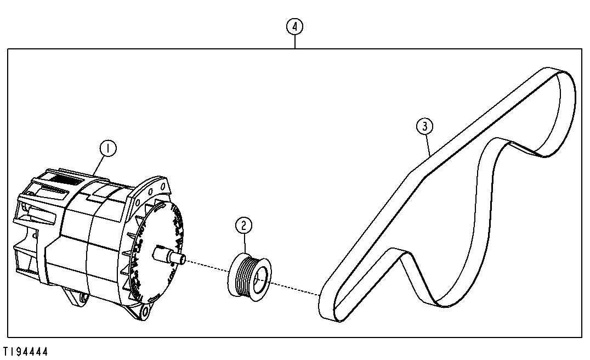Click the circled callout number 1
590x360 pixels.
(108, 148)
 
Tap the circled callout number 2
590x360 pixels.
(243, 226)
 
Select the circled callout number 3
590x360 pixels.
(425, 126)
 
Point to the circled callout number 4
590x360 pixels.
(294, 27)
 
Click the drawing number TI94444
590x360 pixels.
(26, 352)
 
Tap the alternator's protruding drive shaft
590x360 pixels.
(169, 255)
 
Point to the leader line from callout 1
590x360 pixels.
(100, 165)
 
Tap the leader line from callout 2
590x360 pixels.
(245, 243)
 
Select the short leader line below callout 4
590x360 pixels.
(295, 42)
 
